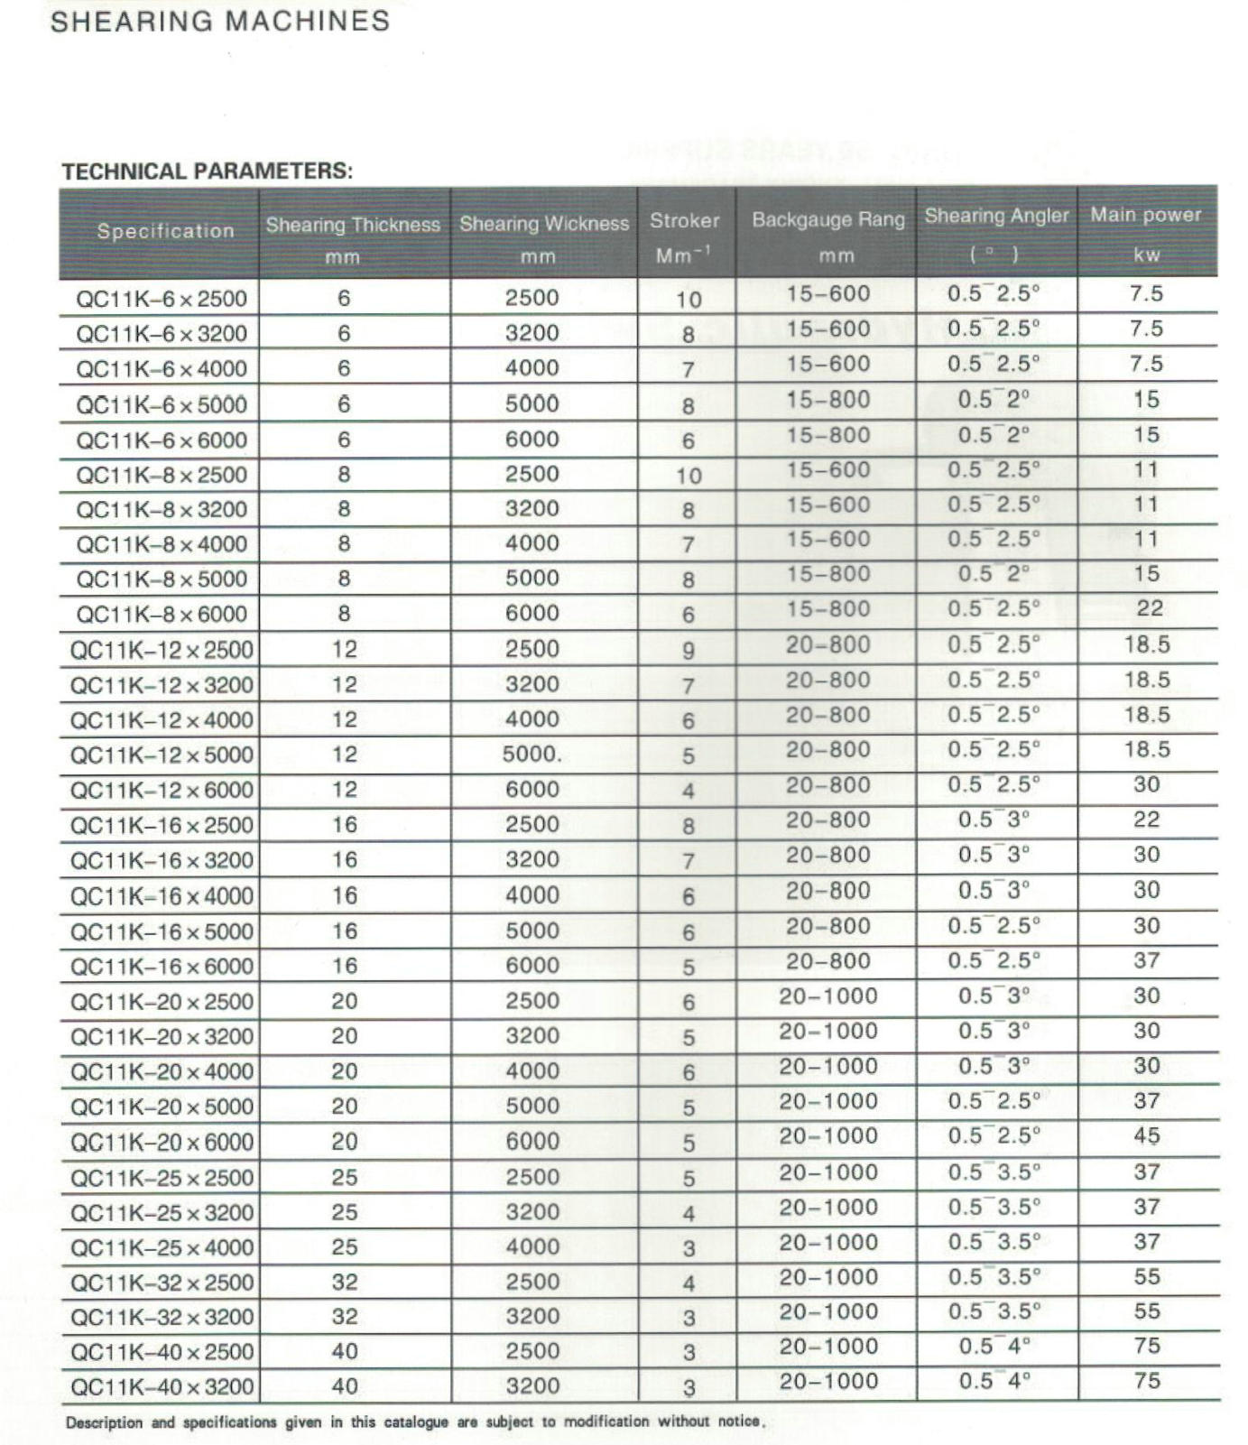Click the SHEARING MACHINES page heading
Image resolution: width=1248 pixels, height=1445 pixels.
(219, 21)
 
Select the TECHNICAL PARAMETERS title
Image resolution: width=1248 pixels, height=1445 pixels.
(207, 171)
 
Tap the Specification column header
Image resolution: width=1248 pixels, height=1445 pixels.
(165, 231)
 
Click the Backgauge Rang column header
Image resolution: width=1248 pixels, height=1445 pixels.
(827, 220)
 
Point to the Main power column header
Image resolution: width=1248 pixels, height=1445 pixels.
(1145, 216)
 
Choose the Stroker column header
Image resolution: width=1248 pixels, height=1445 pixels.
(684, 221)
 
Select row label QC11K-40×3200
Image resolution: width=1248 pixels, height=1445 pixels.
(162, 1386)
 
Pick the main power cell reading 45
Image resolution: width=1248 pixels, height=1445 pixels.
(1146, 1135)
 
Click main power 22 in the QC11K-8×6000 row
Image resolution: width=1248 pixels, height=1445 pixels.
(1149, 608)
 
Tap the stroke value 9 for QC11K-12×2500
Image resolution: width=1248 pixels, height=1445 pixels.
(688, 651)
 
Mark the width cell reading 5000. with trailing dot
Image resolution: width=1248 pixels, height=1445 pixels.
(532, 755)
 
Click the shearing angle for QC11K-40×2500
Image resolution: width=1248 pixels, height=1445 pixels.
(994, 1347)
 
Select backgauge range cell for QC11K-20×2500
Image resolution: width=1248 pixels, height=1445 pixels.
(827, 996)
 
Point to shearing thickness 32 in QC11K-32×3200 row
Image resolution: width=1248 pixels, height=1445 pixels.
(344, 1317)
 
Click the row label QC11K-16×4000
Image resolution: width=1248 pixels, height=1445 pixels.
(162, 896)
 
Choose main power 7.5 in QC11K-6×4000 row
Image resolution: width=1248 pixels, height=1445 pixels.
(1146, 364)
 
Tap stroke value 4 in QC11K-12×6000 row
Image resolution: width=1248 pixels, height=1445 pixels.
(688, 792)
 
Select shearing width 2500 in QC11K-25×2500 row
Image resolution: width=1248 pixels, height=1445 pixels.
(532, 1177)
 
